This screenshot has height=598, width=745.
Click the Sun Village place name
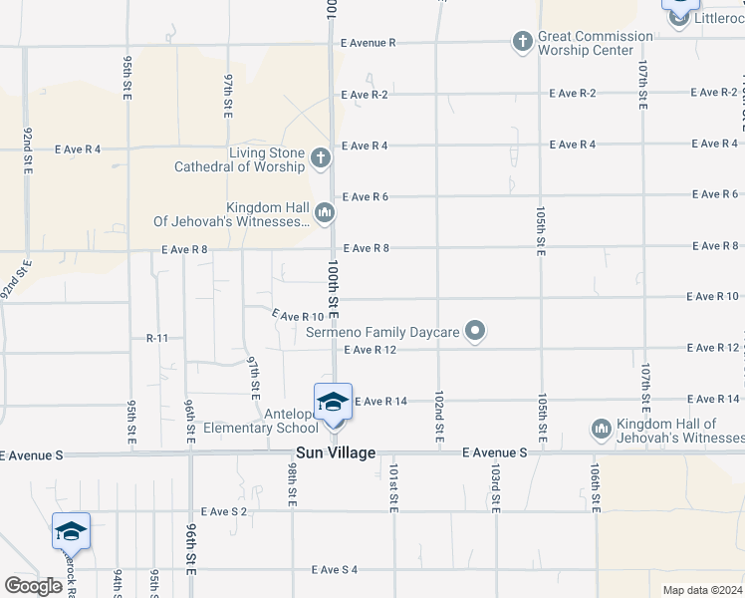(x=336, y=453)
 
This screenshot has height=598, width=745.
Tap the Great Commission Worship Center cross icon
(x=521, y=42)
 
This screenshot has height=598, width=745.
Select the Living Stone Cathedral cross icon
(x=320, y=157)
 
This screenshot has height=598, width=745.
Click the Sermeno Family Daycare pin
(x=476, y=331)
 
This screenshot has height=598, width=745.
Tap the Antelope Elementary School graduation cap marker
(x=333, y=402)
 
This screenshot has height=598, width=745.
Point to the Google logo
(x=33, y=586)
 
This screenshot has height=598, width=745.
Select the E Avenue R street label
(x=369, y=43)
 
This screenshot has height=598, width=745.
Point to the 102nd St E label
(x=439, y=419)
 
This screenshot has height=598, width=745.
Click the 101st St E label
(x=394, y=488)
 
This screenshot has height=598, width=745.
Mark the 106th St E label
(x=595, y=488)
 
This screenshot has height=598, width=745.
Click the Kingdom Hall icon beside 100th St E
(x=325, y=212)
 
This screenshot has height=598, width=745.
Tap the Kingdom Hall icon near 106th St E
(x=601, y=429)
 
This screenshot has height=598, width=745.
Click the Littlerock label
(x=715, y=19)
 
